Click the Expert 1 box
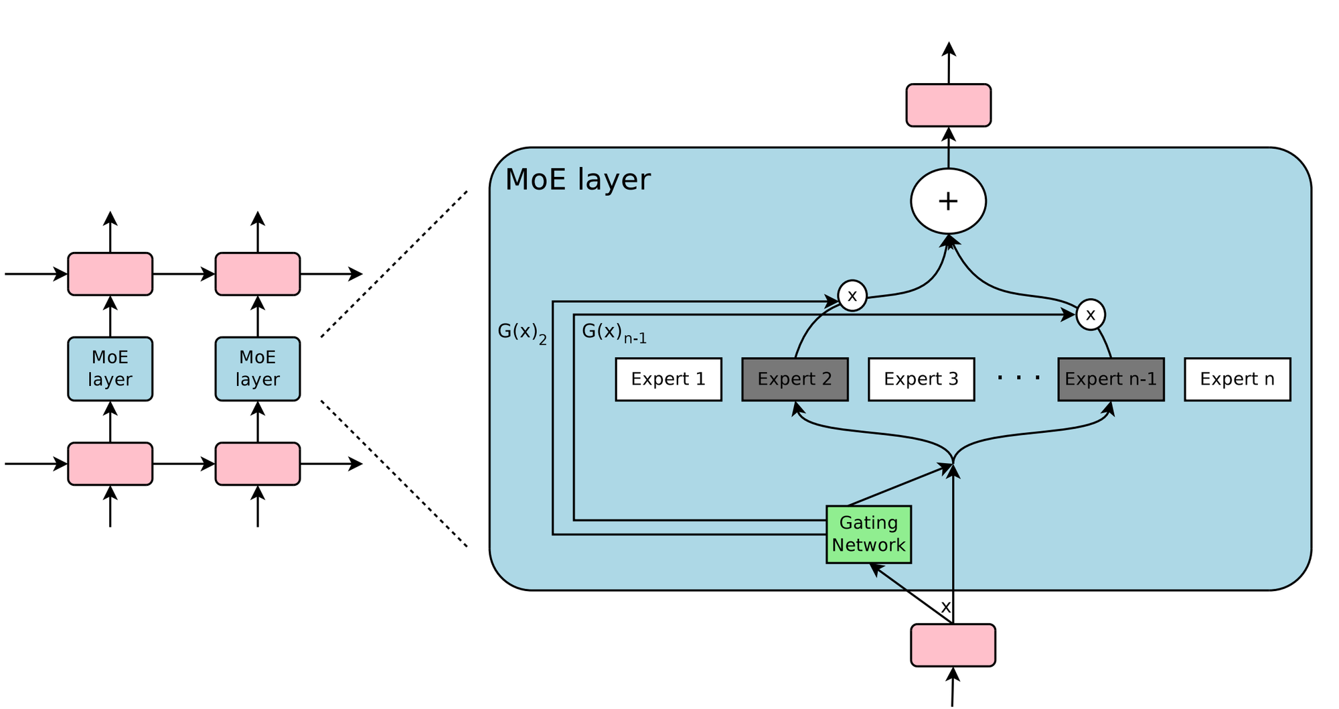[668, 379]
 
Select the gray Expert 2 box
[795, 379]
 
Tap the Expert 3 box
[921, 379]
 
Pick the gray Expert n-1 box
[1111, 379]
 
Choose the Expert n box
[1237, 379]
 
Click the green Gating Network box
[868, 534]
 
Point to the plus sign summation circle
[948, 201]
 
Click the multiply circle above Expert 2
[852, 296]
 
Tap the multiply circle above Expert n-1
[1091, 314]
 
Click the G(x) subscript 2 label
[522, 332]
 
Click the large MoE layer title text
[577, 180]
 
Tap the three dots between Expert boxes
[1018, 379]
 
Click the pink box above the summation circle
[948, 105]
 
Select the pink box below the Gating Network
[953, 645]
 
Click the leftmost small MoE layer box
[110, 369]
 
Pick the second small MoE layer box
[257, 369]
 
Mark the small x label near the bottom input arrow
[945, 607]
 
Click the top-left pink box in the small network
[110, 273]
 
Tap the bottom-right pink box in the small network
[257, 464]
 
